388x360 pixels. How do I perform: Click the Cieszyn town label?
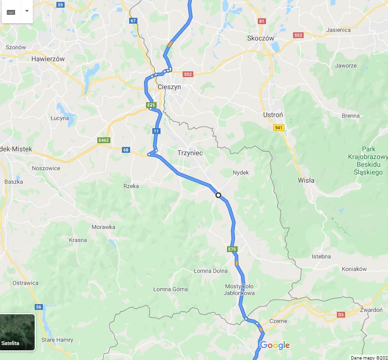point(169,87)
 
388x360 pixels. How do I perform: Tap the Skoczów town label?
point(260,38)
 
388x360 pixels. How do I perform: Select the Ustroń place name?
point(273,115)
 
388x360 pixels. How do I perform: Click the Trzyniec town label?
point(190,153)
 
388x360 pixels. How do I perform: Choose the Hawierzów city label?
point(48,59)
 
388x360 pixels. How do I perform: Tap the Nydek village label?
point(241,173)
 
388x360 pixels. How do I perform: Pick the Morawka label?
point(104,227)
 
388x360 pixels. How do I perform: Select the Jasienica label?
point(338,30)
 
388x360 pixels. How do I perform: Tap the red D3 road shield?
point(341,315)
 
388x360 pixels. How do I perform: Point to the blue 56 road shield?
point(39,307)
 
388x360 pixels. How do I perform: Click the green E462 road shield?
point(103,140)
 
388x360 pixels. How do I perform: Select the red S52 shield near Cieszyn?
point(188,74)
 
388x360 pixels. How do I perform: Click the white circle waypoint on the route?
point(218,195)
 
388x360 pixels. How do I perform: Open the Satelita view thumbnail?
point(17,332)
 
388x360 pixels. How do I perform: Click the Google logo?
point(275,345)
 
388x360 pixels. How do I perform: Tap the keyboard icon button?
point(11,11)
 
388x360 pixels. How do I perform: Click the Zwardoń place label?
point(371,309)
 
